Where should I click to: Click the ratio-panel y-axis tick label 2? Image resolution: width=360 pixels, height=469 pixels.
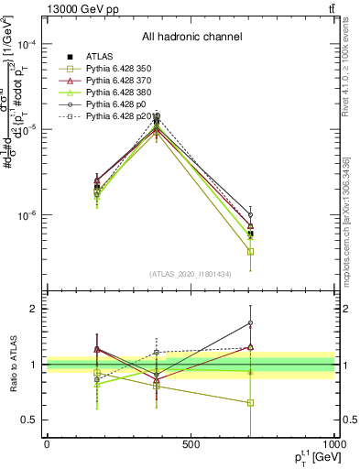point(35,309)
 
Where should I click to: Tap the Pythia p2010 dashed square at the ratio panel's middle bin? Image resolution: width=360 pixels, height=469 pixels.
point(157,352)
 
